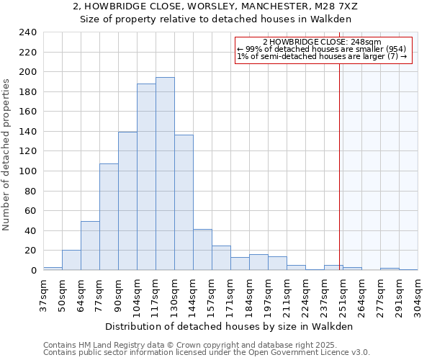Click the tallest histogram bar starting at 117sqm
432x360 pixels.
tap(165, 174)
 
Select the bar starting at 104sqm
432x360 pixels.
tap(146, 177)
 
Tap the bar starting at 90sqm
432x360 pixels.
tap(127, 201)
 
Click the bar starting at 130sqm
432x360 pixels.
tap(184, 202)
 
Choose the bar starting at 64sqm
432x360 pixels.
tap(90, 246)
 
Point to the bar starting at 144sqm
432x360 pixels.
tap(202, 250)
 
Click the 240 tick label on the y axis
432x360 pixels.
tap(27, 32)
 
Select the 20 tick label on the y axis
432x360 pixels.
tap(30, 251)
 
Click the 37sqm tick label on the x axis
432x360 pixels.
tap(43, 293)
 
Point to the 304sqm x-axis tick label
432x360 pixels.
tap(418, 293)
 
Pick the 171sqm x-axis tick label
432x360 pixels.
tap(230, 293)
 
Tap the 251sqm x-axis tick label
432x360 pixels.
tap(343, 293)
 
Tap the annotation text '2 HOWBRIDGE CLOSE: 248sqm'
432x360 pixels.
tap(322, 42)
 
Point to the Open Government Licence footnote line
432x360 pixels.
tap(206, 352)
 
